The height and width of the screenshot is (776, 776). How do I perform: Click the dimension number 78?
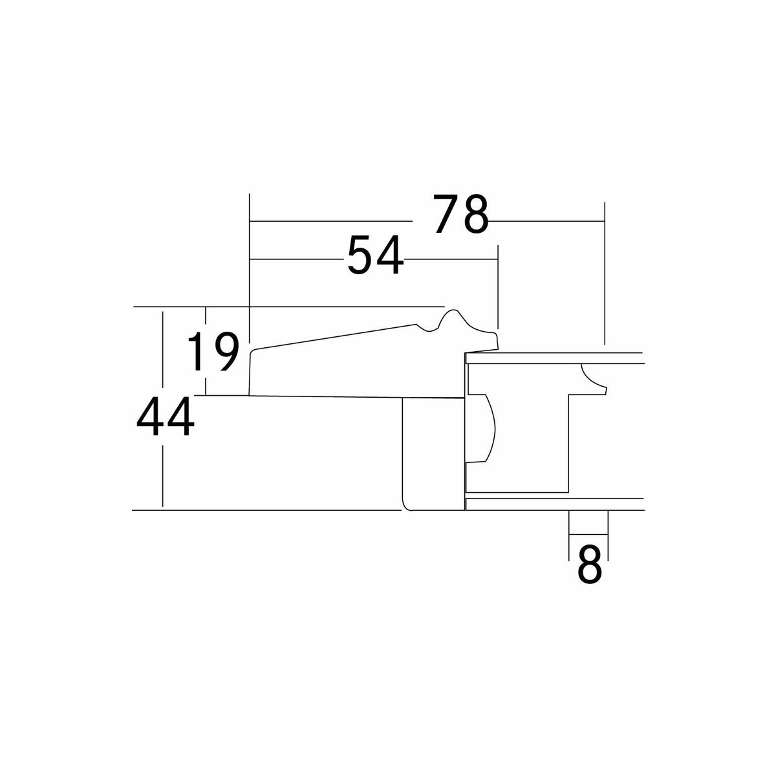point(460,214)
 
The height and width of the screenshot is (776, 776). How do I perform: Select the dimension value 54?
point(375,255)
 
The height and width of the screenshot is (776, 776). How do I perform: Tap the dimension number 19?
point(213,352)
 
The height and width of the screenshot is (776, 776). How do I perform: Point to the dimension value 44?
point(165,417)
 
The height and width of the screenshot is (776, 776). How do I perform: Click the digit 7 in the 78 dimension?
point(447,214)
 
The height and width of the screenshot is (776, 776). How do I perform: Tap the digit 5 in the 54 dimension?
point(361,255)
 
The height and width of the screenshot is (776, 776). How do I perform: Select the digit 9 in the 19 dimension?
point(226,352)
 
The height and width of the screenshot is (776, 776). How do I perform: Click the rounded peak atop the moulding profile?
point(452,311)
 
